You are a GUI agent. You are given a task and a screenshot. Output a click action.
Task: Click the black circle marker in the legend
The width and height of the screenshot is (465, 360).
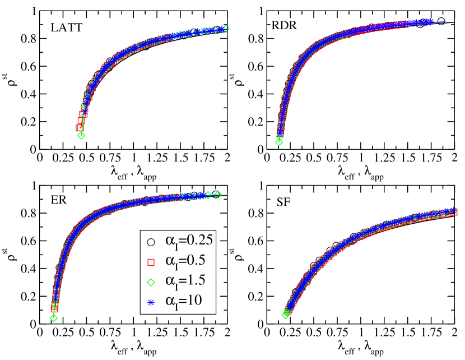pos(150,242)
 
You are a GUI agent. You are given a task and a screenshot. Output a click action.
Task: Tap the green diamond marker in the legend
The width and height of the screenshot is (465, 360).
pos(150,282)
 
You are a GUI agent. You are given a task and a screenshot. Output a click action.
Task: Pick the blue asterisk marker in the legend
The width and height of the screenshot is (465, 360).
pos(150,303)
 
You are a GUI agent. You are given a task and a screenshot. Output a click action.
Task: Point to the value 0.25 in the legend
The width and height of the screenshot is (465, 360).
pos(199,241)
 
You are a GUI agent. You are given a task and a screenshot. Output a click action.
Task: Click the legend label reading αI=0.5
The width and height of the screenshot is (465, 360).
pos(185,261)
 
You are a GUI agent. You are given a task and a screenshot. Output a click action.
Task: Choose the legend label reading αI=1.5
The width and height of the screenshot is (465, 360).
pos(185,281)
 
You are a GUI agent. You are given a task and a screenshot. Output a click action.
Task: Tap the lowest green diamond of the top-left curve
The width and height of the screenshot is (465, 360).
pos(81,135)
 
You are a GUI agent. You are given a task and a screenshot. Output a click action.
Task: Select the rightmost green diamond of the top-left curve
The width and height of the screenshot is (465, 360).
pos(225,29)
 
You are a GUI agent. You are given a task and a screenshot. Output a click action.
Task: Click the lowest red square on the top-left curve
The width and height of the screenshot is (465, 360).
pos(80,128)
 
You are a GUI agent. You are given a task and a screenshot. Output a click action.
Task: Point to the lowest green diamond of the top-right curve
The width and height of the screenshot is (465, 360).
pos(279,142)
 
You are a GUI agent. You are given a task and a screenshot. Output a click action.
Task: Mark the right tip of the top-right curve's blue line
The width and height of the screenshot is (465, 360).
pos(445,22)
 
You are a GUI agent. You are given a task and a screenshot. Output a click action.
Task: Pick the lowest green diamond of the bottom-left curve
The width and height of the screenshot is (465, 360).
pos(54,318)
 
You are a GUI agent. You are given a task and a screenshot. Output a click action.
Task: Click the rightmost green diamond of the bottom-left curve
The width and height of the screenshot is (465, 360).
pos(218,195)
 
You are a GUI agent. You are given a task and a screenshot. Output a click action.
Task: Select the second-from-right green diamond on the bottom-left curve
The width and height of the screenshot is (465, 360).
pos(208,195)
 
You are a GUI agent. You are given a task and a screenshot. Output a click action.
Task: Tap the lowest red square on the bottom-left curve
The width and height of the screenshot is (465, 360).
pos(54,308)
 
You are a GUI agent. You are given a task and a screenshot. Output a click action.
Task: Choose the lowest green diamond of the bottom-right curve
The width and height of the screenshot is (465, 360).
pos(285,315)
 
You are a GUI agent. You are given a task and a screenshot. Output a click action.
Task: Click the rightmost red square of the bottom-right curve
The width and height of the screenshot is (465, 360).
pos(454,212)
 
